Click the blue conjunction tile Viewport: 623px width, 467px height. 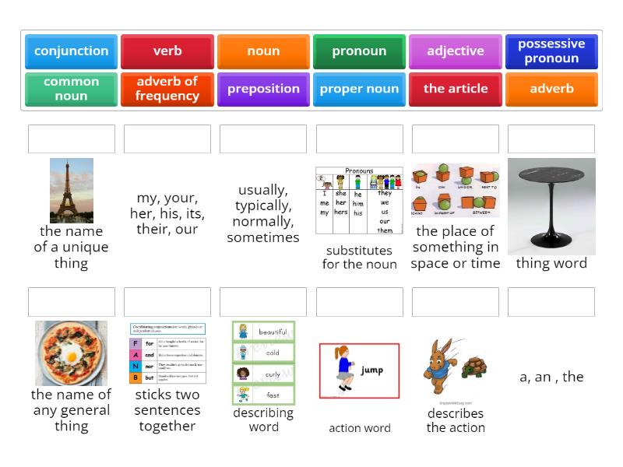coord(71,51)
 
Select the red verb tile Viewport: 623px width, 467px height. coord(167,51)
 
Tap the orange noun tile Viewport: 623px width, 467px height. coord(263,51)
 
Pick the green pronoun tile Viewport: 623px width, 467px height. coord(359,51)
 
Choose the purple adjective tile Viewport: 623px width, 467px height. coord(456,51)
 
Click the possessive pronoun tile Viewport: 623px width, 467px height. coord(551,51)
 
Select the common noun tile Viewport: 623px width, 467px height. coord(71,89)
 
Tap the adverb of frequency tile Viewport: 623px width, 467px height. coord(167,89)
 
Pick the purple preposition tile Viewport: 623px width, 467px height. coord(263,89)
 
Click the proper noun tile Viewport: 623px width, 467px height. coord(359,89)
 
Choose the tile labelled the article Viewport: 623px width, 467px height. coord(456,89)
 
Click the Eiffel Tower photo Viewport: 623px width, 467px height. coord(71,191)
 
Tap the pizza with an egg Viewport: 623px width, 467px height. coord(71,353)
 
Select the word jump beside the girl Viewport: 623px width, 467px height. coord(371,370)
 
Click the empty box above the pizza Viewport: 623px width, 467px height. coord(71,302)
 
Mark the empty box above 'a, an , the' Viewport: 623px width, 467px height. coord(551,302)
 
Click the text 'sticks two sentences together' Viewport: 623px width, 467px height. coord(167,410)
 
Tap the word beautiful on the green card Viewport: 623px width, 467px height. coord(273,332)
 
